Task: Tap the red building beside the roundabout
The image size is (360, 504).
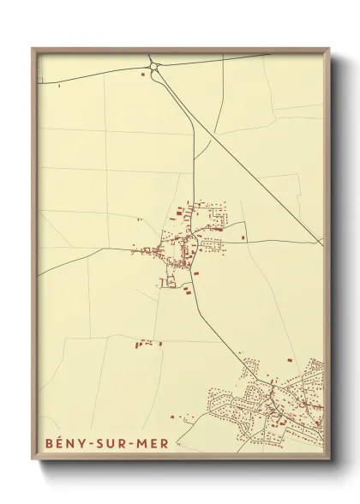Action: (142, 75)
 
